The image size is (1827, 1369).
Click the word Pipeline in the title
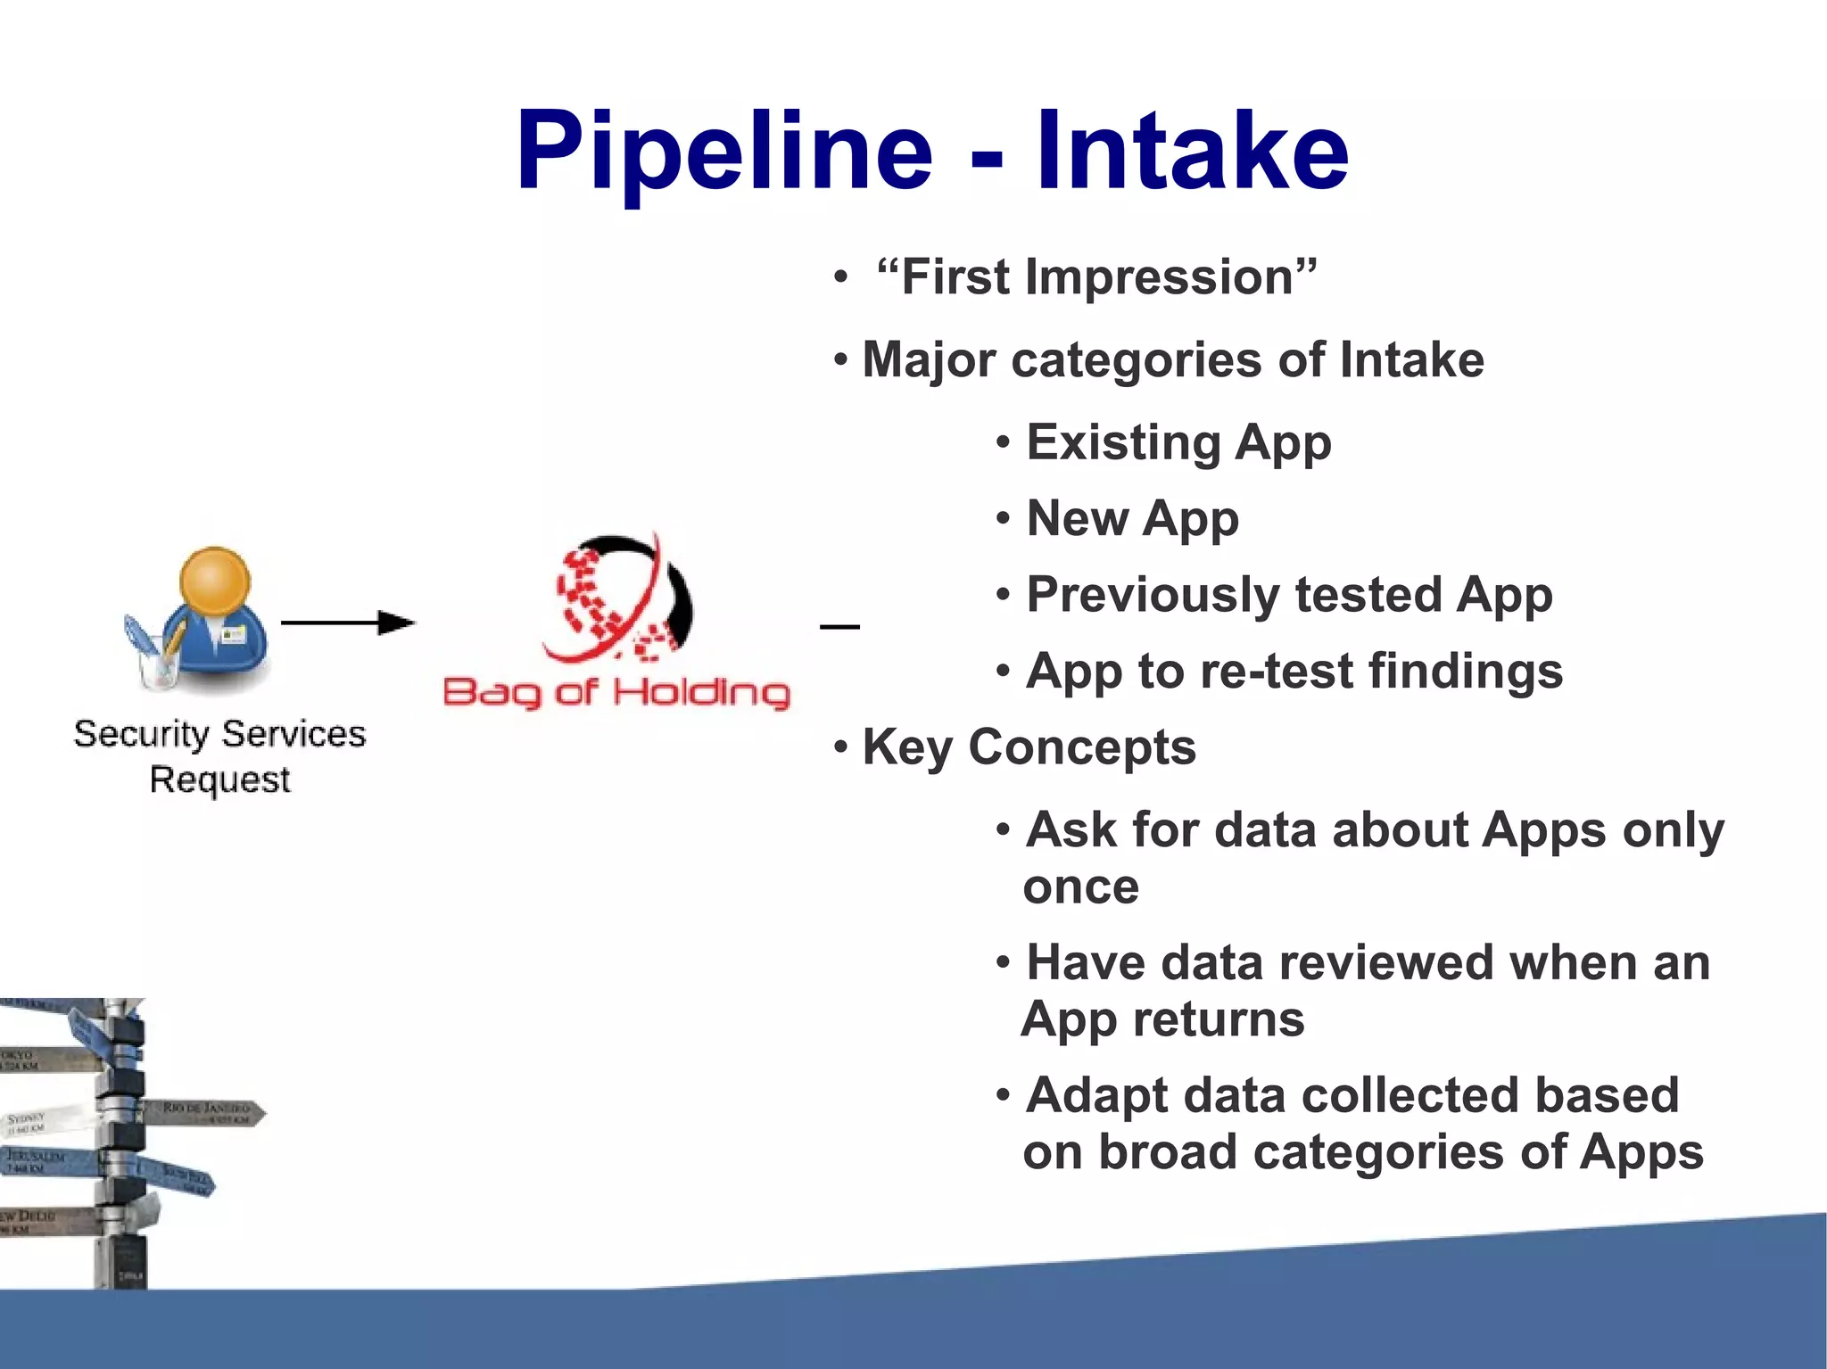(723, 152)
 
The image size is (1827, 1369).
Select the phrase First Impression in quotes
(1096, 277)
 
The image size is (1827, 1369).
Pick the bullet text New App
(1132, 519)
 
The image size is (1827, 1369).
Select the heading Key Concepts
(1028, 747)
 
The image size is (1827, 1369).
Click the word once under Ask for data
(1080, 887)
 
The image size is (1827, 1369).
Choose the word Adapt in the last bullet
(1095, 1095)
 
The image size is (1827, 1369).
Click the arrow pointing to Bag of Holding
(348, 623)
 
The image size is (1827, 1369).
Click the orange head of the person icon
(215, 581)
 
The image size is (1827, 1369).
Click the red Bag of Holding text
(616, 692)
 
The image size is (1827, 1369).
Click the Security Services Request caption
(219, 756)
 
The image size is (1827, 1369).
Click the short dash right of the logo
(839, 627)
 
